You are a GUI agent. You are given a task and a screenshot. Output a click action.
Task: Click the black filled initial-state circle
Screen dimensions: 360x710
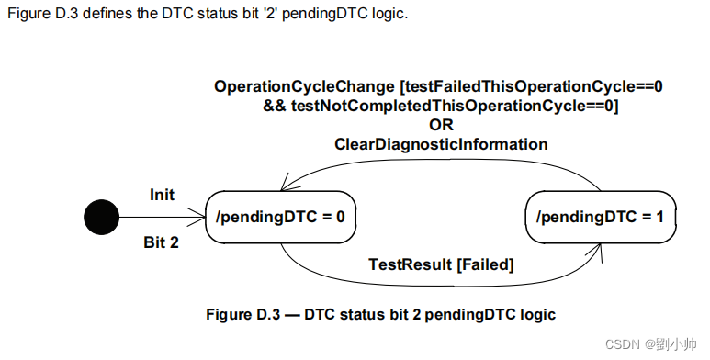pyautogui.click(x=101, y=218)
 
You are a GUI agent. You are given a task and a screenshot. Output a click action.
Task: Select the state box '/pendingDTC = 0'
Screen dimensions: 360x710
pyautogui.click(x=281, y=218)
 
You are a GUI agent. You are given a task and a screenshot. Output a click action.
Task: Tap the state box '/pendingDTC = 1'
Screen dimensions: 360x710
pyautogui.click(x=601, y=218)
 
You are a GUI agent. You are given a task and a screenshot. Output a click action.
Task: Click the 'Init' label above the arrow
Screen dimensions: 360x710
pyautogui.click(x=163, y=195)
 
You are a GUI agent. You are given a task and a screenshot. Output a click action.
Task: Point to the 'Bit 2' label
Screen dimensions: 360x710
pyautogui.click(x=163, y=242)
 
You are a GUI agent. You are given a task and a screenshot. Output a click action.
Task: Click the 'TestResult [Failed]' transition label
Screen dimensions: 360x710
pyautogui.click(x=441, y=264)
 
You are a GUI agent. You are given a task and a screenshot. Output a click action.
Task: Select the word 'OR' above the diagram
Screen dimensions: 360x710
pyautogui.click(x=441, y=125)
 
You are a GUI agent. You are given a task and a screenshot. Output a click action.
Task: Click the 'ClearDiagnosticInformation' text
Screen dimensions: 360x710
pyautogui.click(x=441, y=144)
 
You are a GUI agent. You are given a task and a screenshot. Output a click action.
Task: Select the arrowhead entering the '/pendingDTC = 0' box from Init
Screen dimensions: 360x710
pyautogui.click(x=201, y=218)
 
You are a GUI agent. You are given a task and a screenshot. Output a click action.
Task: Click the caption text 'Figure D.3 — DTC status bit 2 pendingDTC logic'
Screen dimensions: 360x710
pyautogui.click(x=380, y=314)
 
